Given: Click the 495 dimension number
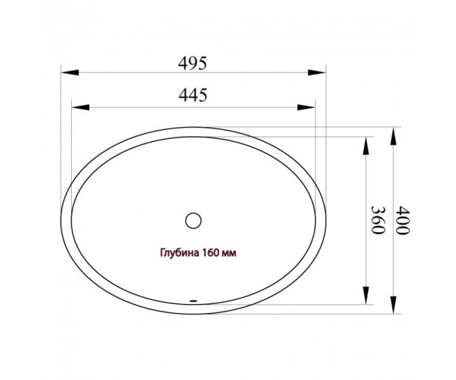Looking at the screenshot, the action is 192,64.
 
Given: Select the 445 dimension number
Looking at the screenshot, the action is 193,95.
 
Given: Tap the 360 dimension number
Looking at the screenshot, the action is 377,220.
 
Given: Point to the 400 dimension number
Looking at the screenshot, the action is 403,220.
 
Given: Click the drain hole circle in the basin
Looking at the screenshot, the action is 193,220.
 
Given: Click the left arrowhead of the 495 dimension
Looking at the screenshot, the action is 70,73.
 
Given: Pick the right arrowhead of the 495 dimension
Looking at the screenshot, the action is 317,73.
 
